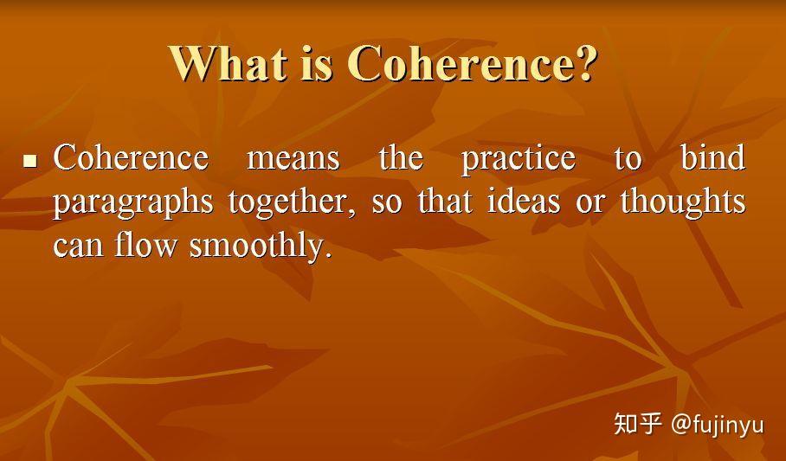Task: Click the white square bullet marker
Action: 30,160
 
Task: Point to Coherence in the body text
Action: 131,158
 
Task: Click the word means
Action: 293,158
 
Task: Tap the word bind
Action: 712,158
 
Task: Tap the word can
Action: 78,247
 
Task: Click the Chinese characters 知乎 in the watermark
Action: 638,424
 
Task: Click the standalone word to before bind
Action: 628,159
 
